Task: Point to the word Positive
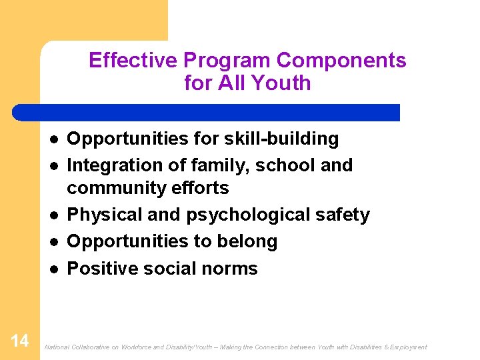(x=101, y=268)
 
